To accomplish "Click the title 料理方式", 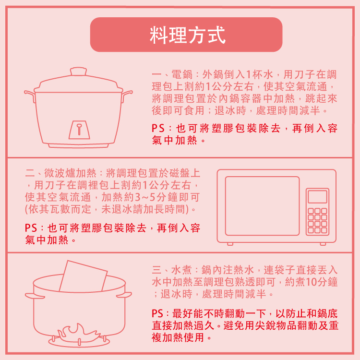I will coord(186,35).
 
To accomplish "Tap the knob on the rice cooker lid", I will coord(79,72).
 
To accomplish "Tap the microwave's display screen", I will coord(317,196).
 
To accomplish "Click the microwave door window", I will coord(262,205).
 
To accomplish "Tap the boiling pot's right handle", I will coord(125,295).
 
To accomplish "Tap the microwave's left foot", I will coord(230,243).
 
